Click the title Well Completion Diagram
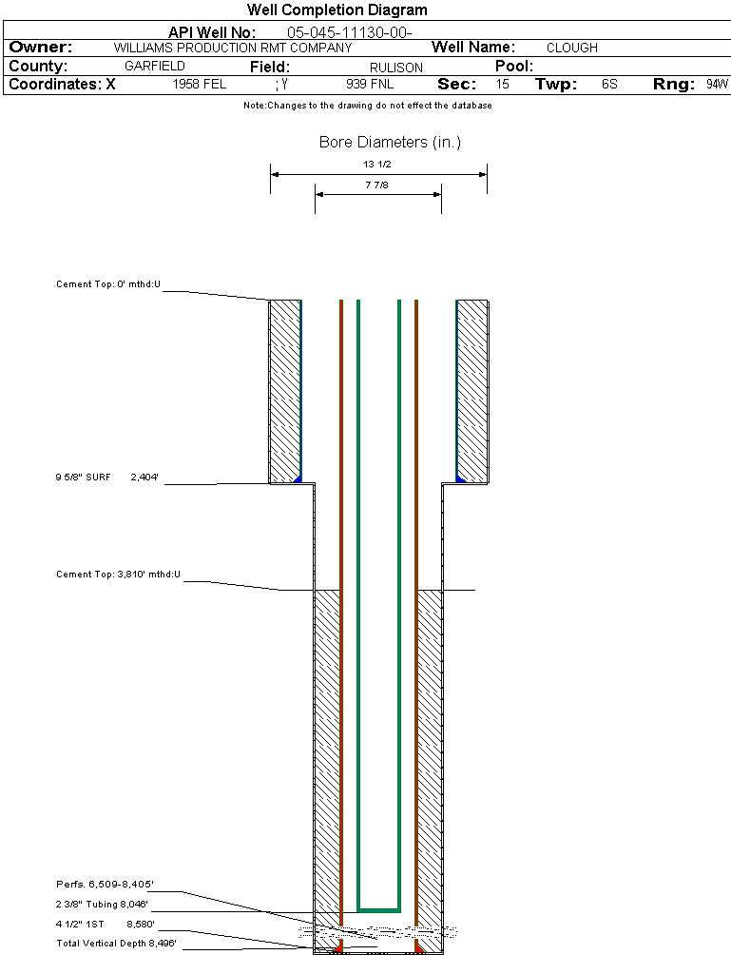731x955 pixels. pyautogui.click(x=337, y=10)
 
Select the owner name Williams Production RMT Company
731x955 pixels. pyautogui.click(x=233, y=48)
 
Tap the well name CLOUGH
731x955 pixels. pyautogui.click(x=572, y=48)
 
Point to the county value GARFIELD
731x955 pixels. pyautogui.click(x=155, y=67)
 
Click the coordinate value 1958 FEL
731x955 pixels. pyautogui.click(x=200, y=85)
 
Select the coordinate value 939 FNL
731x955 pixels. pyautogui.click(x=370, y=85)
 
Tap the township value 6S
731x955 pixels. pyautogui.click(x=609, y=85)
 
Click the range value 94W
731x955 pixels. pyautogui.click(x=717, y=85)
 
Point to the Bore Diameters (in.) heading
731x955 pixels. pyautogui.click(x=390, y=143)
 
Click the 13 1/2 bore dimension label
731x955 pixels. pyautogui.click(x=377, y=165)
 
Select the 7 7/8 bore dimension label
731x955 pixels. pyautogui.click(x=377, y=185)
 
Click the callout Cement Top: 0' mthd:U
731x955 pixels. pyautogui.click(x=108, y=284)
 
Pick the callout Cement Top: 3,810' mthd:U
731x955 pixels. pyautogui.click(x=118, y=575)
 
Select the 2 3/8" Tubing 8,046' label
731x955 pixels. pyautogui.click(x=102, y=904)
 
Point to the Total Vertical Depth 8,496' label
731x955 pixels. pyautogui.click(x=116, y=943)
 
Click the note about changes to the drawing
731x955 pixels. pyautogui.click(x=367, y=106)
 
